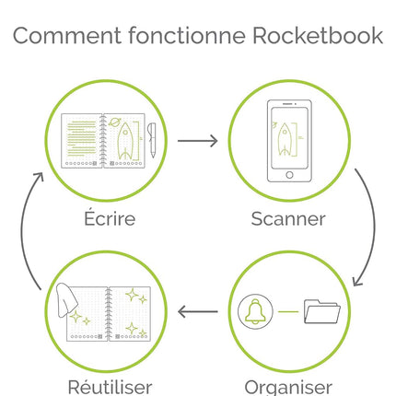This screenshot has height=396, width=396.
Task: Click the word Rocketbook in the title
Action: pyautogui.click(x=318, y=35)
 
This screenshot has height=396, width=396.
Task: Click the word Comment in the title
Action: pyautogui.click(x=67, y=36)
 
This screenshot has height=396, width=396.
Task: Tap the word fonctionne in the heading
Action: pyautogui.click(x=187, y=35)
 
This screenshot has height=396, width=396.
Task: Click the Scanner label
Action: pyautogui.click(x=288, y=219)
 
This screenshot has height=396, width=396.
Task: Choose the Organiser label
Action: pyautogui.click(x=288, y=388)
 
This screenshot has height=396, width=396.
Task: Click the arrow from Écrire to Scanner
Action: pyautogui.click(x=198, y=141)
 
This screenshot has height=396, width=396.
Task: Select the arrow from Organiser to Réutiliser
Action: pyautogui.click(x=198, y=312)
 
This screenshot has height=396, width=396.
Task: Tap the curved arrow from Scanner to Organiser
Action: pyautogui.click(x=374, y=227)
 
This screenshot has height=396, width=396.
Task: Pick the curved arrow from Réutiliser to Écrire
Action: pyautogui.click(x=21, y=230)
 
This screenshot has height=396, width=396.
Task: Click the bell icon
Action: pyautogui.click(x=255, y=311)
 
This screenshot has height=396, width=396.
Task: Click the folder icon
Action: pyautogui.click(x=322, y=311)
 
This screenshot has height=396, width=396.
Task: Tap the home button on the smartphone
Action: pyautogui.click(x=289, y=175)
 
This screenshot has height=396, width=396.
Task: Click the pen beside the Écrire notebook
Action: pyautogui.click(x=152, y=140)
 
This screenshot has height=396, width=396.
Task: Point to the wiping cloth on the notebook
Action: pyautogui.click(x=67, y=299)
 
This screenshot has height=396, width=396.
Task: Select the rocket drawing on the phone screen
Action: pyautogui.click(x=285, y=139)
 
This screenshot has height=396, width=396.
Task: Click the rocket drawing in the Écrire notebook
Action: pyautogui.click(x=125, y=141)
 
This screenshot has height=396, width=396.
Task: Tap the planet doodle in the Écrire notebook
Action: pyautogui.click(x=114, y=122)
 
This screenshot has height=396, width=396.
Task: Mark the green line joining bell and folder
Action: pyautogui.click(x=288, y=312)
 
